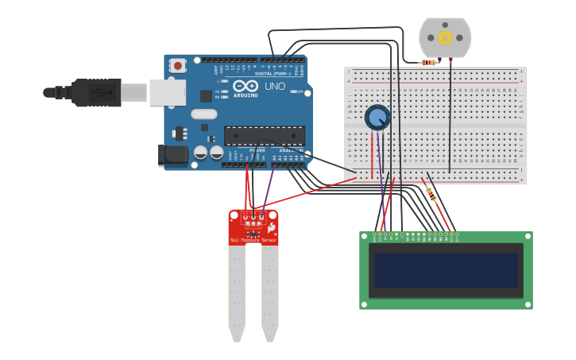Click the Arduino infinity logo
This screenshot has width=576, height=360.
[x=246, y=86]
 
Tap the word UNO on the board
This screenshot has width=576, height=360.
[x=274, y=86]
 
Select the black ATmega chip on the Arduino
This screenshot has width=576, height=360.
[x=264, y=136]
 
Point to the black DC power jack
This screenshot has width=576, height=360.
[x=172, y=155]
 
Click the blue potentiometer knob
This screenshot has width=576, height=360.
[x=377, y=118]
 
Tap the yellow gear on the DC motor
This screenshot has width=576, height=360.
[x=445, y=37]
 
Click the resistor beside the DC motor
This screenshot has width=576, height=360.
[x=430, y=62]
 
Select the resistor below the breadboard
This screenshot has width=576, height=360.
[x=431, y=192]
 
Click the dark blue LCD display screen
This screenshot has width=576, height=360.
[x=446, y=270]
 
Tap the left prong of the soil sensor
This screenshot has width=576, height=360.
[x=237, y=290]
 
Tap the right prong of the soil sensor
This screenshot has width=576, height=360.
[x=270, y=290]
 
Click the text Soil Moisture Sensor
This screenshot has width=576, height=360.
[x=253, y=239]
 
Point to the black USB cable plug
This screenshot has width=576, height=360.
[x=95, y=93]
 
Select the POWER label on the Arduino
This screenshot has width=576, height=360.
[x=257, y=149]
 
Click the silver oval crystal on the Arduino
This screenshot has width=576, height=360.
[x=203, y=114]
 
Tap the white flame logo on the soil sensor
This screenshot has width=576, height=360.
[x=271, y=228]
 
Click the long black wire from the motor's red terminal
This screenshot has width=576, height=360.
[x=450, y=119]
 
